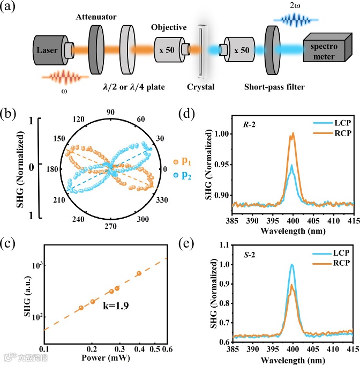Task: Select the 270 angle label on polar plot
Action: pos(111,226)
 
